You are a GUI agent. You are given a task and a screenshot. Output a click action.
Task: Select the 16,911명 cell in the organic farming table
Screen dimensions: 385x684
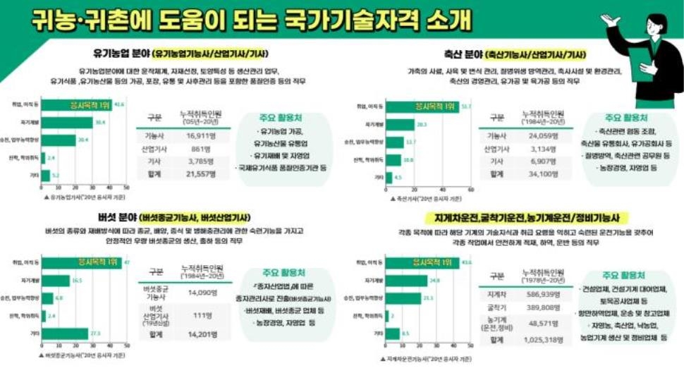[203, 136]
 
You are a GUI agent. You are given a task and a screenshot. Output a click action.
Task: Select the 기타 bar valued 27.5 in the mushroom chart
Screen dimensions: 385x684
[65, 333]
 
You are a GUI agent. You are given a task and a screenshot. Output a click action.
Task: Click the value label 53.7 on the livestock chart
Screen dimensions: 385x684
[465, 106]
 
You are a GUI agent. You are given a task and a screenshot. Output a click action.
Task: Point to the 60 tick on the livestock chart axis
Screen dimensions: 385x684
[470, 188]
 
